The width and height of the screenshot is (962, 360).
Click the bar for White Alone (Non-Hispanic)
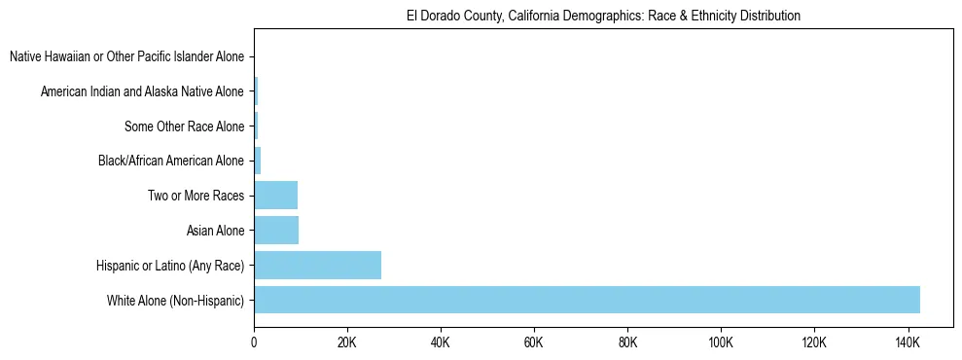[x=587, y=300]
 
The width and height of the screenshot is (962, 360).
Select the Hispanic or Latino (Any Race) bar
[x=317, y=265]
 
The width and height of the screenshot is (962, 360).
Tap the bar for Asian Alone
[x=276, y=231]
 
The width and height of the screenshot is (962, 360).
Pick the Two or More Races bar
[x=275, y=196]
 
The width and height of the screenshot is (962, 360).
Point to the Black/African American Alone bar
[x=258, y=162]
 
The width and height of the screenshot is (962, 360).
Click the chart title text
[x=603, y=16]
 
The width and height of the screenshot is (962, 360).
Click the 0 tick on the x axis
[x=254, y=342]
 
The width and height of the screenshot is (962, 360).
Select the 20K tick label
[x=347, y=342]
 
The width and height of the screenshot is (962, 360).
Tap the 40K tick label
[x=441, y=342]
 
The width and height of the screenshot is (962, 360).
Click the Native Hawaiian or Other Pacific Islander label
[x=126, y=57]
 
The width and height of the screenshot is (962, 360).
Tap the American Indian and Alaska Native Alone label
[x=142, y=92]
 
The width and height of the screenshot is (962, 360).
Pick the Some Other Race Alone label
[x=184, y=126]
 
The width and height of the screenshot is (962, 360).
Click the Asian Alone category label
[x=215, y=231]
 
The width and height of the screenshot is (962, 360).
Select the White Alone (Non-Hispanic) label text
[x=175, y=300]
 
